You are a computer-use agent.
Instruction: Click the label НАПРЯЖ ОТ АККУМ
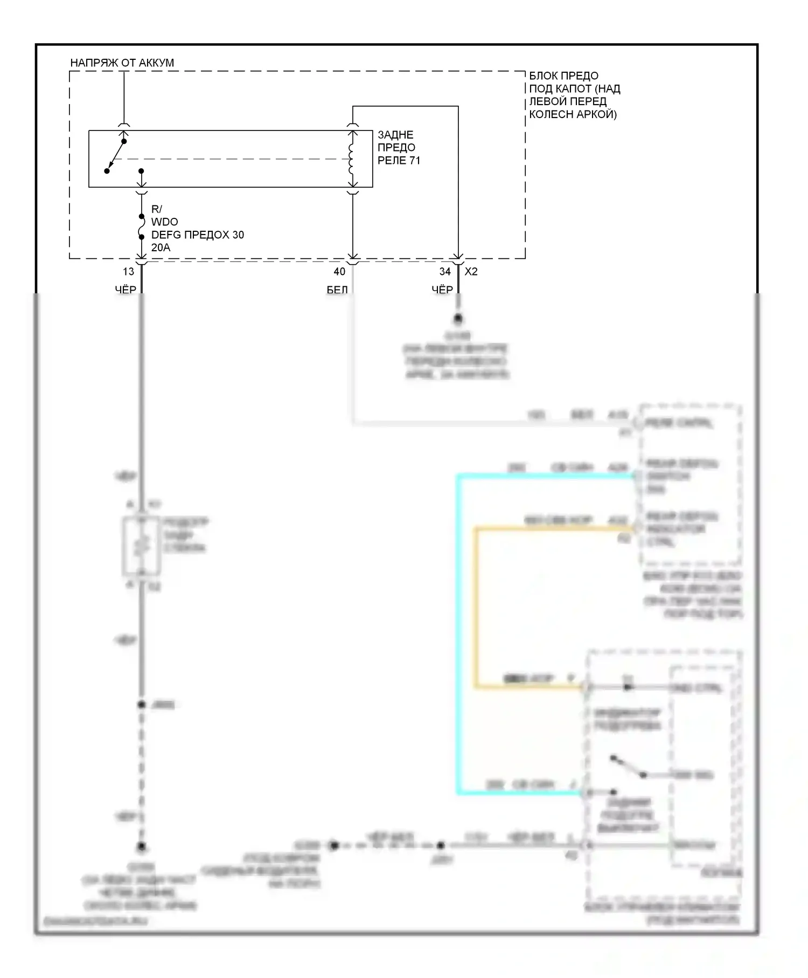pyautogui.click(x=122, y=63)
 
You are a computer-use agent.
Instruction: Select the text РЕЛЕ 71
pyautogui.click(x=399, y=160)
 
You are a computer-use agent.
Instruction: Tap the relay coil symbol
pyautogui.click(x=352, y=159)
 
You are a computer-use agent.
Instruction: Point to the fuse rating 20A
pyautogui.click(x=161, y=247)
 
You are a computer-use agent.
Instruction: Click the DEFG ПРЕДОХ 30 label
pyautogui.click(x=197, y=235)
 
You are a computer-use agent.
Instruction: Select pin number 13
pyautogui.click(x=128, y=272)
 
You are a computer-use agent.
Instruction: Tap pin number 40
pyautogui.click(x=339, y=272)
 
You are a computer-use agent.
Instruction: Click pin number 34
pyautogui.click(x=445, y=272)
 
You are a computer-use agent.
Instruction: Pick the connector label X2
pyautogui.click(x=471, y=272)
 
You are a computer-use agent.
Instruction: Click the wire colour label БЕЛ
pyautogui.click(x=337, y=290)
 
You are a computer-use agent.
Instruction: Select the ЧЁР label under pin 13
pyautogui.click(x=126, y=290)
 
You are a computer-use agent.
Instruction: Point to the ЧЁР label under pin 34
pyautogui.click(x=442, y=290)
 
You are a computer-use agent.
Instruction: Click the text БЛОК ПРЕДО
pyautogui.click(x=563, y=75)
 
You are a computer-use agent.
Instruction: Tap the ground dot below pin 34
pyautogui.click(x=458, y=319)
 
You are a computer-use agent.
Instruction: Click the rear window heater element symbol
pyautogui.click(x=141, y=546)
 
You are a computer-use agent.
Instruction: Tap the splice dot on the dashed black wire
pyautogui.click(x=142, y=705)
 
